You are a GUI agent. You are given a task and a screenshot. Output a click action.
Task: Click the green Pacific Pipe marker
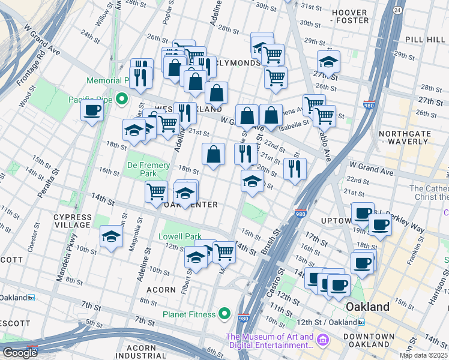(x=122, y=99)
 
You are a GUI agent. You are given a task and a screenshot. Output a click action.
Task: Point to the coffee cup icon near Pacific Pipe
(x=92, y=110)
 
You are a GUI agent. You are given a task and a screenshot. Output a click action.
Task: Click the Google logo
(x=20, y=353)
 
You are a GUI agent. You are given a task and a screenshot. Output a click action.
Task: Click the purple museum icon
(x=324, y=341)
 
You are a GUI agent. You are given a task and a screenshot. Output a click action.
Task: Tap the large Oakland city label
(x=367, y=307)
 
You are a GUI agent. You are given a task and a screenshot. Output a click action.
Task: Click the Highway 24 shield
(x=397, y=10)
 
